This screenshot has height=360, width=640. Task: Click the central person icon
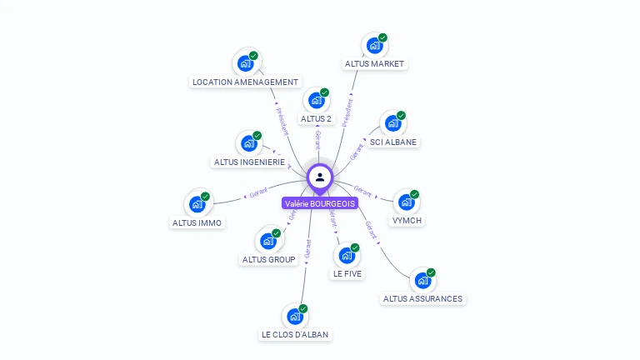pyautogui.click(x=320, y=177)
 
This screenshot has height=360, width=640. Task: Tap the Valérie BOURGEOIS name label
pyautogui.click(x=320, y=203)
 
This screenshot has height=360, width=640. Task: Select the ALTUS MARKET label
pyautogui.click(x=374, y=64)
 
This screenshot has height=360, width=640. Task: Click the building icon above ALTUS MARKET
pyautogui.click(x=374, y=45)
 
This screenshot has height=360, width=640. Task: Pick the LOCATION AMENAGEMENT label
pyautogui.click(x=245, y=82)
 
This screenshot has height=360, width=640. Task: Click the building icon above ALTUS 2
pyautogui.click(x=316, y=100)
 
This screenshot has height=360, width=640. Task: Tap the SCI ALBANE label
pyautogui.click(x=393, y=142)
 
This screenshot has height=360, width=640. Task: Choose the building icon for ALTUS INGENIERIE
pyautogui.click(x=248, y=143)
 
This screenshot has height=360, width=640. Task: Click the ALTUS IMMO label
pyautogui.click(x=197, y=222)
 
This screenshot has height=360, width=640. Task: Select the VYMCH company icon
pyautogui.click(x=406, y=202)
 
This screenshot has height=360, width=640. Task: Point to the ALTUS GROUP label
pyautogui.click(x=268, y=259)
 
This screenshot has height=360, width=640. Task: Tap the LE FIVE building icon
pyautogui.click(x=347, y=255)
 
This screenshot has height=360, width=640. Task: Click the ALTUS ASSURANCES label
pyautogui.click(x=422, y=298)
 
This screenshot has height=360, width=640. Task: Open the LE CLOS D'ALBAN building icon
pyautogui.click(x=294, y=316)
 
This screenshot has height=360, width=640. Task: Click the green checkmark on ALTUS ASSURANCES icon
pyautogui.click(x=431, y=272)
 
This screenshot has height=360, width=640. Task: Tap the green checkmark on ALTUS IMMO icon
pyautogui.click(x=205, y=197)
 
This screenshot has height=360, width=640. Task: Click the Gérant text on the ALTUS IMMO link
pyautogui.click(x=258, y=194)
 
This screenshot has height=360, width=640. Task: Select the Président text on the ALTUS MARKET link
pyautogui.click(x=347, y=112)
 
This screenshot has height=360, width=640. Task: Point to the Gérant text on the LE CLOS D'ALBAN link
pyautogui.click(x=307, y=248)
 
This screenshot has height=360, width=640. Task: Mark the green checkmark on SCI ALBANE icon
pyautogui.click(x=401, y=116)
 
